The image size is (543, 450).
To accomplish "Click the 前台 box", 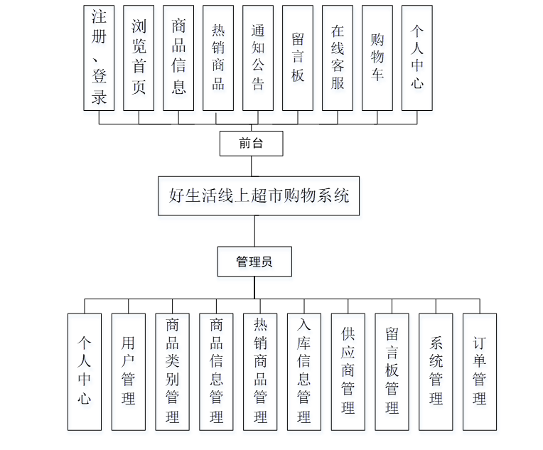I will point(251,144).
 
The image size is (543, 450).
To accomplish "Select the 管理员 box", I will point(254,262).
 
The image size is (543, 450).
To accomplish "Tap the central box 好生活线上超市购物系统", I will point(259,195).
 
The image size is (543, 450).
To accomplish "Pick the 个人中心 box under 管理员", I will point(85,371).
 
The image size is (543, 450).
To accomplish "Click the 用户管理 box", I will point(129,371).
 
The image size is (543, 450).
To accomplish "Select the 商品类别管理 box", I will point(173,371).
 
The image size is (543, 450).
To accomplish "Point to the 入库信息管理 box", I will point(304,371).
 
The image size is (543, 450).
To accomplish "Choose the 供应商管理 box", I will point(348,371).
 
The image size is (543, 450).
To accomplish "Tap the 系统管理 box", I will point(436,371).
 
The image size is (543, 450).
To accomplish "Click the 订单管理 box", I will point(480,371).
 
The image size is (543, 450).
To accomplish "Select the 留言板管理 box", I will point(392,371).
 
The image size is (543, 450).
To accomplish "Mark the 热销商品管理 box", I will point(260,371).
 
